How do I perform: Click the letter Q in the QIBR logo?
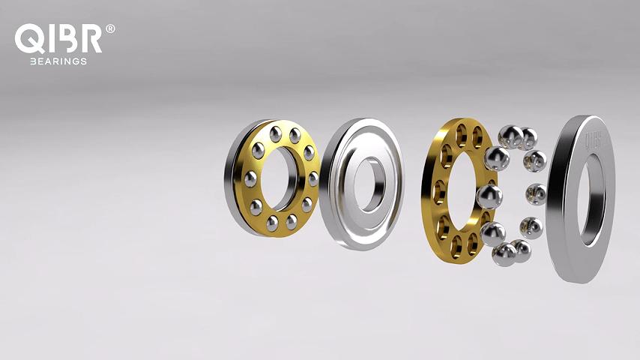pyautogui.click(x=29, y=38)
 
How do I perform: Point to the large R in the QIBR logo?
pyautogui.click(x=93, y=38)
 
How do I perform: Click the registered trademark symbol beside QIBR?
pyautogui.click(x=110, y=28)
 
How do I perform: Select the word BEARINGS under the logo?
pyautogui.click(x=58, y=61)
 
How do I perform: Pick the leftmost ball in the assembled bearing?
pyautogui.click(x=251, y=178)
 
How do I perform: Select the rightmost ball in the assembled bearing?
pyautogui.click(x=313, y=178)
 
